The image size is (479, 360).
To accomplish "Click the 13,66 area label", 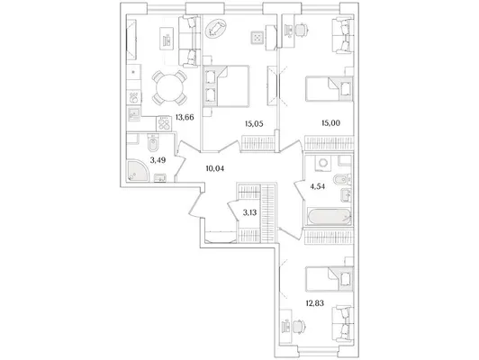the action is click(x=185, y=117).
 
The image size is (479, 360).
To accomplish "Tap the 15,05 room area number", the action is click(x=254, y=123).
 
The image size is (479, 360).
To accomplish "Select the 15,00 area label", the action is click(x=330, y=123).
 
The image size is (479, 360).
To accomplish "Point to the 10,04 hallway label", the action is click(x=215, y=168).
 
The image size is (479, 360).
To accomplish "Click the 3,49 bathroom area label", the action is click(x=158, y=159).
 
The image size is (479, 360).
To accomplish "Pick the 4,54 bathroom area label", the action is click(x=317, y=186).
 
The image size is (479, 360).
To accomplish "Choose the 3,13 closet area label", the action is click(x=249, y=212).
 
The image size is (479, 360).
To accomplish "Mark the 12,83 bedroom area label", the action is click(x=314, y=303).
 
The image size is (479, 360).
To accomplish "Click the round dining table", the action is click(x=170, y=87).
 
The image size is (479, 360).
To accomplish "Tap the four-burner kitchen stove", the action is click(x=164, y=123).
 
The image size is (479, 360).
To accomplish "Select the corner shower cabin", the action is click(x=138, y=171).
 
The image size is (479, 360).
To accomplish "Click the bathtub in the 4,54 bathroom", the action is click(x=328, y=217).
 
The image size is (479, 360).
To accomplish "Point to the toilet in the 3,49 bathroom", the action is click(x=152, y=142).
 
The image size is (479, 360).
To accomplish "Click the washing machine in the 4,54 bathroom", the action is click(x=322, y=162).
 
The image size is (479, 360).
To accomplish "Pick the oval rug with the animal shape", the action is click(x=216, y=29).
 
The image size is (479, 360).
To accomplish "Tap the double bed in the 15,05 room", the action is click(x=226, y=85).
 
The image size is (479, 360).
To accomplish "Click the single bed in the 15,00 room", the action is click(x=330, y=88).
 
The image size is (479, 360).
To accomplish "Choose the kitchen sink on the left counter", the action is click(x=134, y=114).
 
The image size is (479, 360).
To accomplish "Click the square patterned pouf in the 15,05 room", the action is click(x=258, y=38).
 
